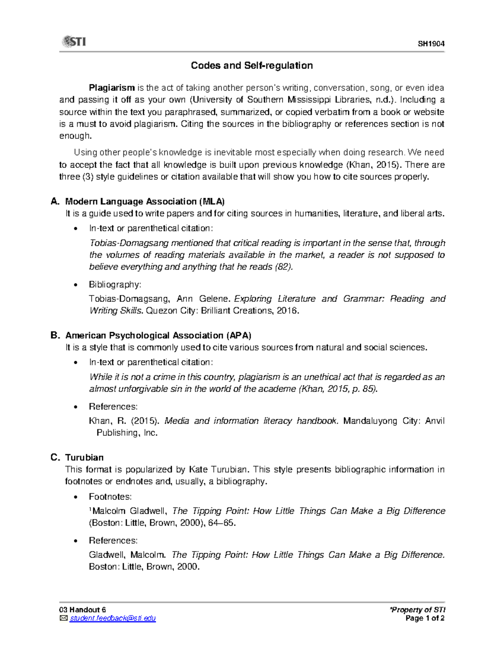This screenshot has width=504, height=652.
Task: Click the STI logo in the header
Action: coord(74,42)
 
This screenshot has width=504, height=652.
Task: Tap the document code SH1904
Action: coord(431,44)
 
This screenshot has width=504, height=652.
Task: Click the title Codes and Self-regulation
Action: coord(252,65)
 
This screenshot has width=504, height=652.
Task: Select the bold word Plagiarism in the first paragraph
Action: coord(112,88)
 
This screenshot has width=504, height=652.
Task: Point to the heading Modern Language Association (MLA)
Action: coord(145,202)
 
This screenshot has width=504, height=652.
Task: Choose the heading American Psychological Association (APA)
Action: coord(158,335)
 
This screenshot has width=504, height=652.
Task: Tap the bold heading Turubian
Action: coord(84,458)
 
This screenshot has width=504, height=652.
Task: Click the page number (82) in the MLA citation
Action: coord(283,267)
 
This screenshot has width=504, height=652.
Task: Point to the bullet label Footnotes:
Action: coord(110,497)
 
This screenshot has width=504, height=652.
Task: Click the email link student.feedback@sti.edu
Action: coord(113,618)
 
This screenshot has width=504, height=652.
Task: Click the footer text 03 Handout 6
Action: coord(82,610)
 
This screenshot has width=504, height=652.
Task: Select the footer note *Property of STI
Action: coord(417,610)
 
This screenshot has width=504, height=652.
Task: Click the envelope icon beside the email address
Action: coord(63,618)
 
